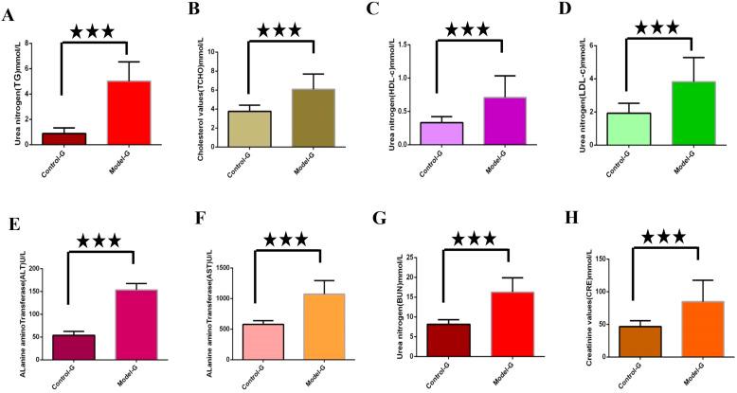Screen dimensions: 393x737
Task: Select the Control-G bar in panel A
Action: pos(70,138)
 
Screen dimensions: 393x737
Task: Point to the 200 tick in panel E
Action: pos(37,269)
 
